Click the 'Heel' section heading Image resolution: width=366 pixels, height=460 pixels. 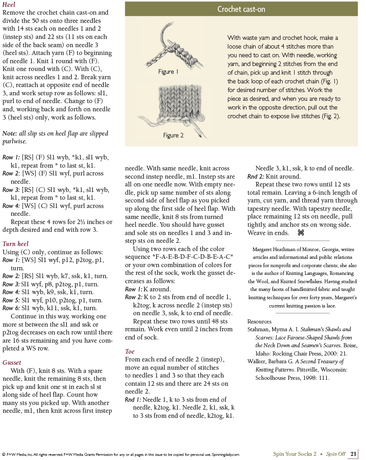(x=9, y=5)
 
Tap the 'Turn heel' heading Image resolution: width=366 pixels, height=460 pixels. (x=16, y=244)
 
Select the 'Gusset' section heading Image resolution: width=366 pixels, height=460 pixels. (x=12, y=362)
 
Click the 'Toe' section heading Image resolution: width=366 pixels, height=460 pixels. (x=130, y=351)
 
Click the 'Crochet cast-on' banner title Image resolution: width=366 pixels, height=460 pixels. (x=241, y=9)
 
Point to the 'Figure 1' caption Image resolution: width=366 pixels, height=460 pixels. (x=168, y=72)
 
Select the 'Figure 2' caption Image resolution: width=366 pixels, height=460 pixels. (x=173, y=136)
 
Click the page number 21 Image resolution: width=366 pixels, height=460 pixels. (x=354, y=454)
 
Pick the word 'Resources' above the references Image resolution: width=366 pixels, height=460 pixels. (x=259, y=322)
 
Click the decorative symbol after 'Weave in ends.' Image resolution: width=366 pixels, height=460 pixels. (x=301, y=233)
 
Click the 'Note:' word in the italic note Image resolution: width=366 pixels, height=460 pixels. (x=10, y=133)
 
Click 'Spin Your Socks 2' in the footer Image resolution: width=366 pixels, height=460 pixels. (x=294, y=454)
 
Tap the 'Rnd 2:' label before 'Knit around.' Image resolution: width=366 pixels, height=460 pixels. (x=255, y=176)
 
